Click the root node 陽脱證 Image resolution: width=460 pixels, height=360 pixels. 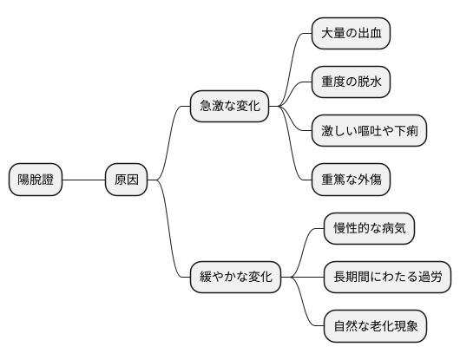click(x=36, y=180)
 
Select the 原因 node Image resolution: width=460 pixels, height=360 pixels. click(x=127, y=180)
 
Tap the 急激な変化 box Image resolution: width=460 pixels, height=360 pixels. click(x=230, y=107)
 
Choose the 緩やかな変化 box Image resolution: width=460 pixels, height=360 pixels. click(x=236, y=278)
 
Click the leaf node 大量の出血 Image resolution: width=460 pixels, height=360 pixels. click(x=351, y=34)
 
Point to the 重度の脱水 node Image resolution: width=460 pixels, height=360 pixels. click(x=351, y=82)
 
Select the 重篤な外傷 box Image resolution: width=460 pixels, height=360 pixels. click(x=351, y=180)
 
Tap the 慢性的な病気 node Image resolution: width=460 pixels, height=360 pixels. click(x=369, y=229)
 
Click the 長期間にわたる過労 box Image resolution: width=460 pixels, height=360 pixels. click(x=387, y=278)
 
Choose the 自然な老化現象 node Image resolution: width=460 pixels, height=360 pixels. click(x=375, y=327)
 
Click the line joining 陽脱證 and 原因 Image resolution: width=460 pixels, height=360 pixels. click(x=83, y=180)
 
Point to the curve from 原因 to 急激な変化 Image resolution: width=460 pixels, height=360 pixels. click(x=170, y=139)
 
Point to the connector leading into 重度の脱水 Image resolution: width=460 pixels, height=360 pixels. click(x=295, y=94)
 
